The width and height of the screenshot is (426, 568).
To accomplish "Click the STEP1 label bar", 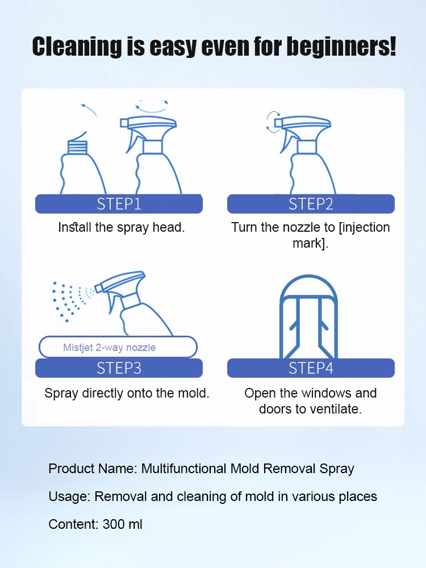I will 119,204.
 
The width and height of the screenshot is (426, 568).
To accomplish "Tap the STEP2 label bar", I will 311,204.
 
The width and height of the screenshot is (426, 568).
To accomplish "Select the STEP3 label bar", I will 119,368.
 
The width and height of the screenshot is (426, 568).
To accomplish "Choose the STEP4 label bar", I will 311,368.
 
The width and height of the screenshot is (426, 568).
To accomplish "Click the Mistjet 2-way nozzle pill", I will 118,347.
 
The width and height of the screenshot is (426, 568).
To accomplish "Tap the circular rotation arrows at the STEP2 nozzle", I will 274,122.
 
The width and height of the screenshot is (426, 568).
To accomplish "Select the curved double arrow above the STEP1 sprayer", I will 152,105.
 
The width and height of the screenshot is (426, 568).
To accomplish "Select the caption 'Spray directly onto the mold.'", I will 127,393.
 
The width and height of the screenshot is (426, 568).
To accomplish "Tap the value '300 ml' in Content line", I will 122,524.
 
